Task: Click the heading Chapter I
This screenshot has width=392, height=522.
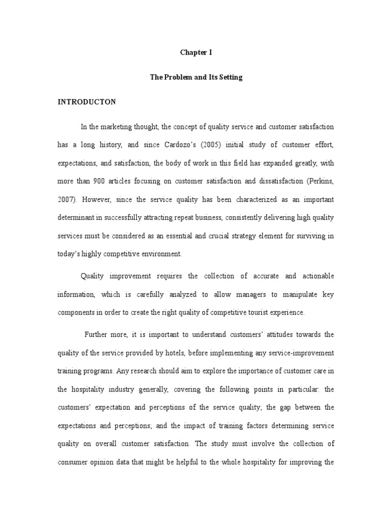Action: click(x=195, y=52)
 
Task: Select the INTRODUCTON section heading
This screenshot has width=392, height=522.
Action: click(x=86, y=102)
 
